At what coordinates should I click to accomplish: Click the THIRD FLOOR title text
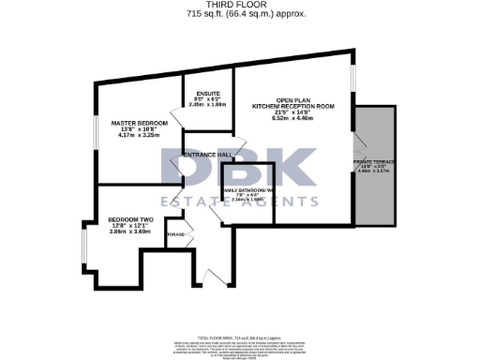click(x=239, y=5)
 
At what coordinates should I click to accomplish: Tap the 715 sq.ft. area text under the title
click(x=239, y=14)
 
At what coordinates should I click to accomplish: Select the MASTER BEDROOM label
click(x=139, y=123)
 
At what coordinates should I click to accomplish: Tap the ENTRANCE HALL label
click(x=207, y=155)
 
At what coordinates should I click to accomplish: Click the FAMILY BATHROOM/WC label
click(x=248, y=191)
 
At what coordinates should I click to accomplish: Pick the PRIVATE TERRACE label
click(x=373, y=163)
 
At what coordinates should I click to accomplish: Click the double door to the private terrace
click(x=355, y=150)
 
